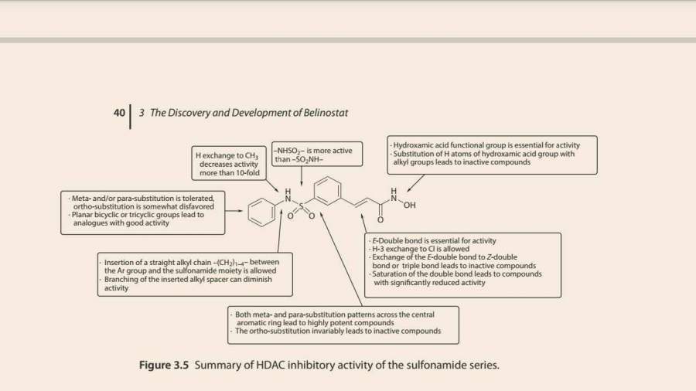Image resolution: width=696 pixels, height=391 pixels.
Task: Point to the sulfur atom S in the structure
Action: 302,206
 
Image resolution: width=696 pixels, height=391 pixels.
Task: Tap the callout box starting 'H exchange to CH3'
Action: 227,164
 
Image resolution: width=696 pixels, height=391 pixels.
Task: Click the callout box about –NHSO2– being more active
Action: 313,155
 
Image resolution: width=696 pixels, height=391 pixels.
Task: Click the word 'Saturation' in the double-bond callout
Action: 391,274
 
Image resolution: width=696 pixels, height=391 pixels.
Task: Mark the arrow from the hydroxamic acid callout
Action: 415,183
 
